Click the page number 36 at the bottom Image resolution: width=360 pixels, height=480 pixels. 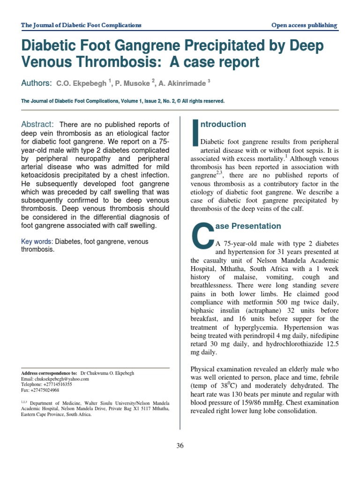click(x=180, y=446)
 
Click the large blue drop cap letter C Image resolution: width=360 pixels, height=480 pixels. click(x=202, y=235)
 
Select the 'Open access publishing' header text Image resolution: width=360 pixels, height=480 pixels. click(x=304, y=25)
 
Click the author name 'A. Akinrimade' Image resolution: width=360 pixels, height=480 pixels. click(x=182, y=83)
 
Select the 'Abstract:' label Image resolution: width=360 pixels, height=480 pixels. click(x=38, y=124)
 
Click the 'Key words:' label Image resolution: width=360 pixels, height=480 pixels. click(x=37, y=241)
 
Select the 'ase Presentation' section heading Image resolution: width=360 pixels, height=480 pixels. click(x=247, y=226)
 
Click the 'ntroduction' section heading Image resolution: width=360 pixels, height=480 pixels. click(x=223, y=124)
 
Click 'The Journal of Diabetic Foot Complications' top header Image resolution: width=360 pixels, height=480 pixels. click(x=82, y=25)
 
